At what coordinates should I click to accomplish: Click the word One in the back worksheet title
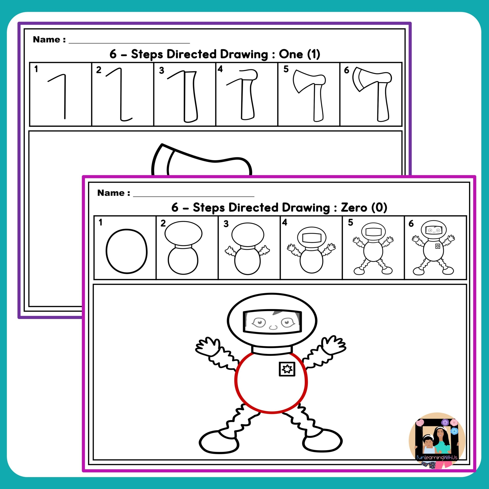[291, 54]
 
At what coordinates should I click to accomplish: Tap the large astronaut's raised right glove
[334, 345]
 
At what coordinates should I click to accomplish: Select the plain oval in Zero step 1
[127, 251]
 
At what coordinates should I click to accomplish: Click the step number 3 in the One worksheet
[161, 70]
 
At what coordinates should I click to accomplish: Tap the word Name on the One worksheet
[47, 40]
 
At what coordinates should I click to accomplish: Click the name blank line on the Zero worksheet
[194, 196]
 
